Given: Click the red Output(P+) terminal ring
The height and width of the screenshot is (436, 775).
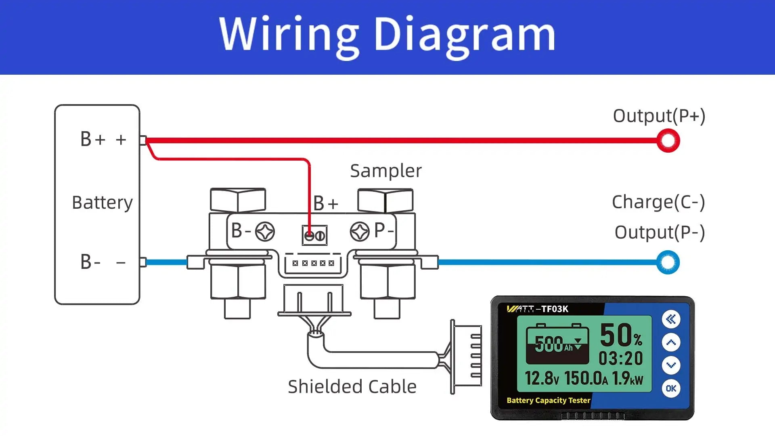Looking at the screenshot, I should click(x=668, y=140).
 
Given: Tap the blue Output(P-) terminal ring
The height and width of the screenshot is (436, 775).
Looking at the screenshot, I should click(x=668, y=262).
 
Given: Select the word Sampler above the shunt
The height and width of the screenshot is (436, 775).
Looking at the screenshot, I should click(x=385, y=171).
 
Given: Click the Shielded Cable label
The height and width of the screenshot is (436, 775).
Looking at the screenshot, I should click(x=352, y=387).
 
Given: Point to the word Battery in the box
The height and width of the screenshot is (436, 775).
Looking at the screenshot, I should click(x=102, y=202).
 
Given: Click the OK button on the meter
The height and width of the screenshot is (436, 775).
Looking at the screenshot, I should click(x=671, y=388).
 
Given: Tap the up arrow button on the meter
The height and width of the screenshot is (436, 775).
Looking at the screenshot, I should click(x=671, y=342).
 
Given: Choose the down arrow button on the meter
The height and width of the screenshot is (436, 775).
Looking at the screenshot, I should click(x=671, y=365).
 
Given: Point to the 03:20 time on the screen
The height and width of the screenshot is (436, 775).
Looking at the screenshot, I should click(x=620, y=358).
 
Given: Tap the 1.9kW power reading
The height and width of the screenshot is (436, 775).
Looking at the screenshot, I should click(x=627, y=379).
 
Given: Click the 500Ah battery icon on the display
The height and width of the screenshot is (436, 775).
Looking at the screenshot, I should click(x=557, y=344).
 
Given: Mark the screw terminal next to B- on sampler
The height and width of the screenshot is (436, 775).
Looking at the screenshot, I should click(x=265, y=232).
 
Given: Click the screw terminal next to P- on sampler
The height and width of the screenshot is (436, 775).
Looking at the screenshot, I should click(x=359, y=232).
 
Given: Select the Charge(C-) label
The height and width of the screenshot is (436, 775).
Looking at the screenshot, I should click(x=658, y=202).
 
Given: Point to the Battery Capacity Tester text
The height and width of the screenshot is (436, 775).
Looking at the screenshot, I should click(x=548, y=400).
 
